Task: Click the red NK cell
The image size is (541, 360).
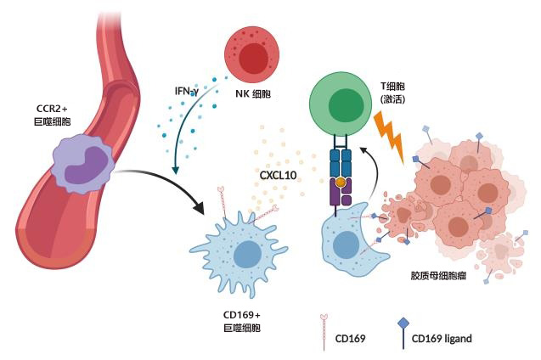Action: pos(253,57)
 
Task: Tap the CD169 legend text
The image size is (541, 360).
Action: pos(350,339)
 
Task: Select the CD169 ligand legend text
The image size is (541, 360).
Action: pos(442,339)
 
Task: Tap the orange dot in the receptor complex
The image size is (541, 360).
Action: pos(341,183)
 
